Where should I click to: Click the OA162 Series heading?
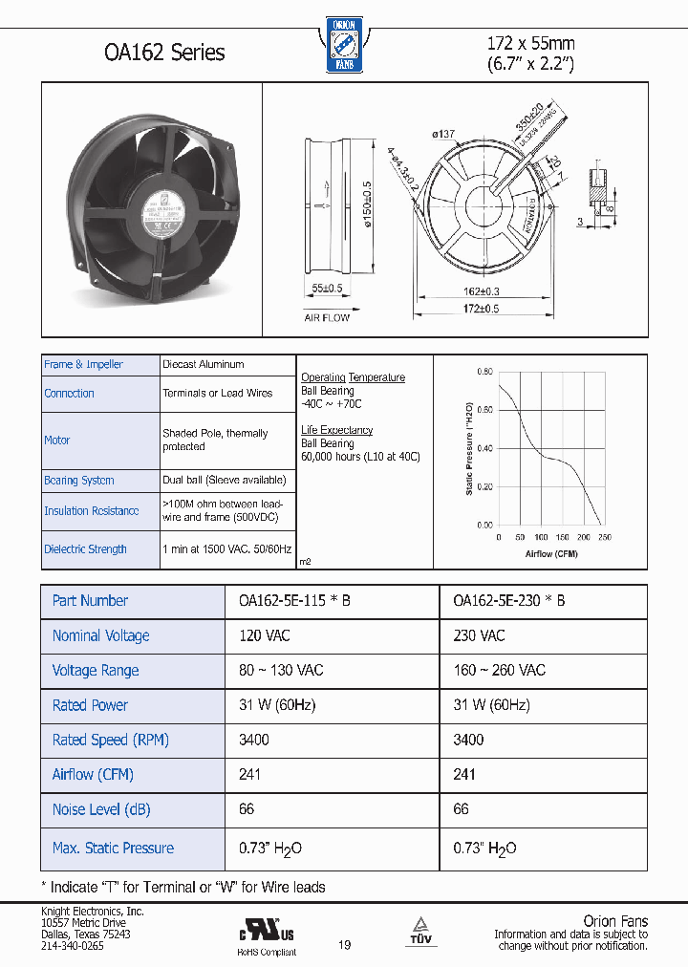164,52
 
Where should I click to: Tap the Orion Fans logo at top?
342,44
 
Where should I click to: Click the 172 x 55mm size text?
530,43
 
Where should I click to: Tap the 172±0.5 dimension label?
483,309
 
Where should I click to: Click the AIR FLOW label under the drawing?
327,317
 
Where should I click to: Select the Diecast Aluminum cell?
203,364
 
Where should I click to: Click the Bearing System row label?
79,481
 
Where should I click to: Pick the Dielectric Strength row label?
85,549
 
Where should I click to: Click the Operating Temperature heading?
353,377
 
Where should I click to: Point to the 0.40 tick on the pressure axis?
484,448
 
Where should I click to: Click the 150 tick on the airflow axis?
562,537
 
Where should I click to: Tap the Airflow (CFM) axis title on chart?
551,553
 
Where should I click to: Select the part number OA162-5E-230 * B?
508,601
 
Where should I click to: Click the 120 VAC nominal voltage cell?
265,635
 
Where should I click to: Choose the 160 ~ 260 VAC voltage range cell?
499,670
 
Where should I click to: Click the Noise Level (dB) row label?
100,809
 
